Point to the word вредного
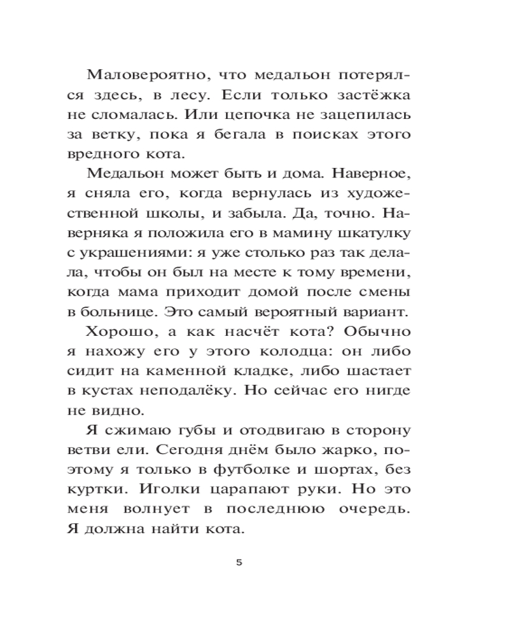(103, 155)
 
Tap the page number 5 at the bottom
(239, 563)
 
